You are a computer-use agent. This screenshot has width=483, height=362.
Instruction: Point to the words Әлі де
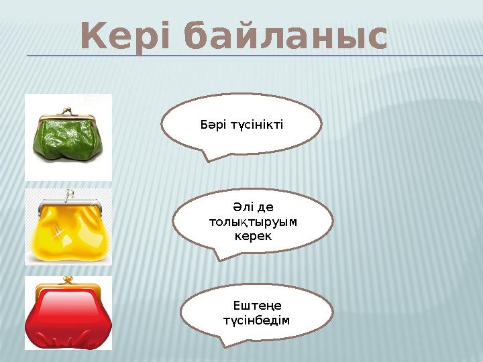pyautogui.click(x=252, y=208)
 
